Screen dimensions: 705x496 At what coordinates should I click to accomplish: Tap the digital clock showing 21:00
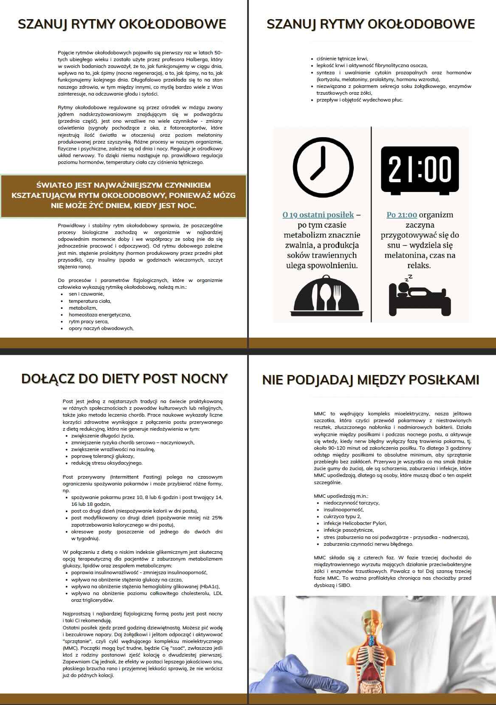420,170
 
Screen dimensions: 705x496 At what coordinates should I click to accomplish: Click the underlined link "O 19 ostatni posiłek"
318,215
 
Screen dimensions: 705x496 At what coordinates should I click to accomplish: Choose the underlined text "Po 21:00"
402,215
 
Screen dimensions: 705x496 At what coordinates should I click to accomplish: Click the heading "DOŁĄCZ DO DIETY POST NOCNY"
124,378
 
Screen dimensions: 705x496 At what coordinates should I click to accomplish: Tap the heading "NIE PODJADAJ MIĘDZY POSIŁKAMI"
370,380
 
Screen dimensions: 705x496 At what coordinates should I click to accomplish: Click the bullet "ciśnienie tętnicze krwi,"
342,59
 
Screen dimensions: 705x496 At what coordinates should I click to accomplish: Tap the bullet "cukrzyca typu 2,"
342,516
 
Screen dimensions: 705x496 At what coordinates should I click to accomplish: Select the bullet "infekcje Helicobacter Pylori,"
355,523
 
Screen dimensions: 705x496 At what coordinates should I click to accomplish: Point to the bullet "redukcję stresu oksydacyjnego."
107,463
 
